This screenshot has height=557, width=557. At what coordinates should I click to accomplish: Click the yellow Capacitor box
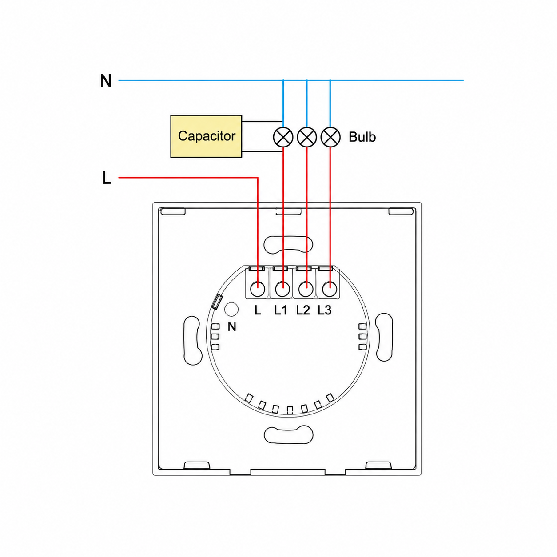pos(206,136)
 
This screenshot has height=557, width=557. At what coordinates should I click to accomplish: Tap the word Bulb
pos(362,137)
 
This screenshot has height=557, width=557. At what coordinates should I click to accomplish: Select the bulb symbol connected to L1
pos(283,137)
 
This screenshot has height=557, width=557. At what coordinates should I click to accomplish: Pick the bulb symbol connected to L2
pos(306,137)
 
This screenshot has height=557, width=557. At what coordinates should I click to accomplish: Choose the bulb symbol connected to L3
pos(330,137)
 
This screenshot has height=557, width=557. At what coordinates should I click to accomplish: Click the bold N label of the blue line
pos(106,81)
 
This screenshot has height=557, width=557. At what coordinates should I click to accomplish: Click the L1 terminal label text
pos(280,310)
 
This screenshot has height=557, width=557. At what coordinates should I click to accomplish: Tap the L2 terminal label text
pos(303,310)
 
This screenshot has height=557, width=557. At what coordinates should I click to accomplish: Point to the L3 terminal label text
pos(325,310)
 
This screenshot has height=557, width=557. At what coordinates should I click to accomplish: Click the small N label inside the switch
pos(232,326)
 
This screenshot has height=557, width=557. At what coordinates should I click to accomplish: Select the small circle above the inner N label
pos(231,309)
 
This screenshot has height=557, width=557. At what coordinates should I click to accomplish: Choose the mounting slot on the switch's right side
pos(384,337)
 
